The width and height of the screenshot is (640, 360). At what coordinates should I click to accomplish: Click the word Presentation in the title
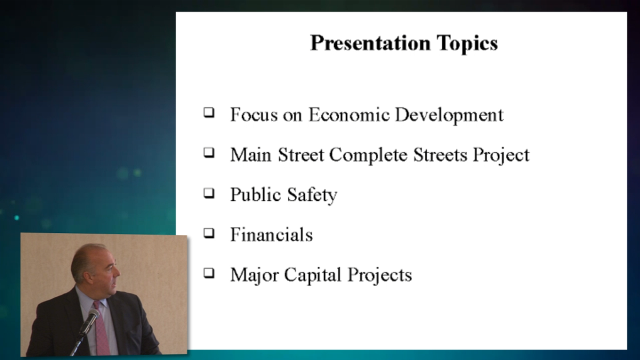tap(370, 43)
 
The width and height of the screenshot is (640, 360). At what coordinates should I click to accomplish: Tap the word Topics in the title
tap(467, 43)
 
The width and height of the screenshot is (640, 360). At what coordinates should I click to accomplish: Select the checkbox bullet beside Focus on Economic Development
tap(209, 112)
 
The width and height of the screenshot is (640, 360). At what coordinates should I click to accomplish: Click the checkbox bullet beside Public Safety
tap(209, 193)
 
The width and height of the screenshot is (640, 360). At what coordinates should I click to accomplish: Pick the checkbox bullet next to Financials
tap(209, 233)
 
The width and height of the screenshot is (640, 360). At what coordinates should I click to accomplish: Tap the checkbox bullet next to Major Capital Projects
tap(209, 273)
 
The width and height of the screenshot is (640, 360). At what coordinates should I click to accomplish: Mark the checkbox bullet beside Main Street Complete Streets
tap(209, 152)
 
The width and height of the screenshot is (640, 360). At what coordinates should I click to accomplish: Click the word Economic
tap(349, 114)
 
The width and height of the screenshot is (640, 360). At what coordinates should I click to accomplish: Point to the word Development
tap(449, 115)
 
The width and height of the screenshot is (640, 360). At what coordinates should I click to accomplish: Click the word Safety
tap(312, 195)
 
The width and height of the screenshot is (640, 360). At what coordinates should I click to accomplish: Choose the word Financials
tap(271, 234)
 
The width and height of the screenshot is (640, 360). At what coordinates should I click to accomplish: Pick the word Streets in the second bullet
tap(440, 154)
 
